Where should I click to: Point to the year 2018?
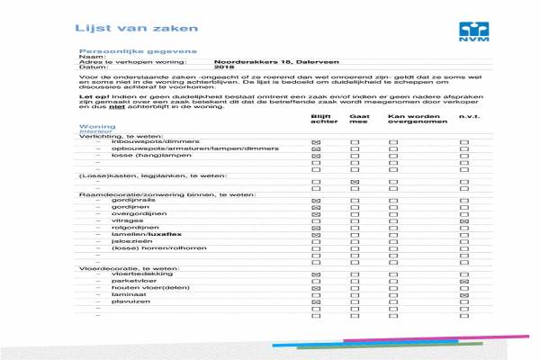(x=224, y=67)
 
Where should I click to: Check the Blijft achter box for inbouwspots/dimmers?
(x=316, y=143)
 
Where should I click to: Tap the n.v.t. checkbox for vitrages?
(x=464, y=220)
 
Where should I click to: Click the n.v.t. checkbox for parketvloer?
(x=464, y=281)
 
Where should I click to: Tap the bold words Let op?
(x=91, y=94)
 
